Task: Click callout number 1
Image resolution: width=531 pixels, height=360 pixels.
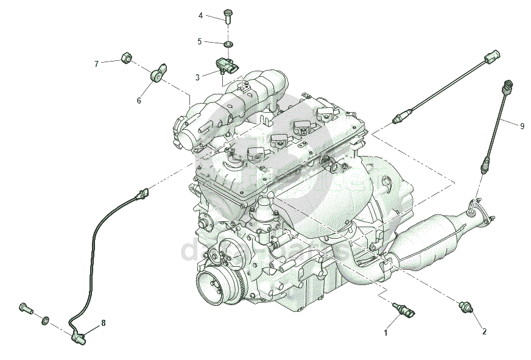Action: tap(385, 333)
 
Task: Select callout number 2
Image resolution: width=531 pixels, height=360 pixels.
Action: tap(484, 332)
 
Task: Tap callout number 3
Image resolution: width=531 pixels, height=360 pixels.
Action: tap(197, 77)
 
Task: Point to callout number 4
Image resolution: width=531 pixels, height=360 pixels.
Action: tap(200, 15)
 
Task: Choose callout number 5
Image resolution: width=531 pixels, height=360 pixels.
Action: tap(199, 41)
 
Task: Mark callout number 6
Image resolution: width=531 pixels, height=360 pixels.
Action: tap(139, 101)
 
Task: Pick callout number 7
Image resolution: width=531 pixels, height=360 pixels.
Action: tap(96, 63)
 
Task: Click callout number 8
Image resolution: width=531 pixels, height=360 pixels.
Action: tap(103, 323)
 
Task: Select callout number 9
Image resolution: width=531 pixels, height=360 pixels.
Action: tap(522, 125)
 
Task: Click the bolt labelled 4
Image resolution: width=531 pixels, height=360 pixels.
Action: tap(228, 15)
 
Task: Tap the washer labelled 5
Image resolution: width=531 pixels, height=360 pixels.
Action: tap(229, 44)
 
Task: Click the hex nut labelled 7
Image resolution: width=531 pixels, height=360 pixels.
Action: tap(127, 58)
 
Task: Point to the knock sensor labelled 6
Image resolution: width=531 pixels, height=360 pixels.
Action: tap(158, 73)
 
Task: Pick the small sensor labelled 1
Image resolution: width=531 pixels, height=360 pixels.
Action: tap(404, 309)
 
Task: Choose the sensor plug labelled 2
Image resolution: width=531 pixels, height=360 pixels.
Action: tap(467, 306)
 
